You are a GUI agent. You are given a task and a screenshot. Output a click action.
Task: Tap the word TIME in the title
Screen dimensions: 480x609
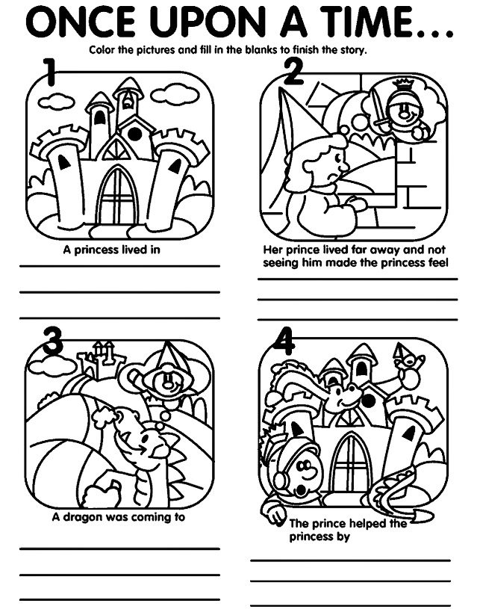click(368, 22)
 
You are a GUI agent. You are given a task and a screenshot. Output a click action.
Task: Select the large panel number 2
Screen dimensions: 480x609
click(293, 72)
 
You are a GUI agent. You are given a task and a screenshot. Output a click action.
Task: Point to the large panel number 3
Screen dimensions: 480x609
click(53, 341)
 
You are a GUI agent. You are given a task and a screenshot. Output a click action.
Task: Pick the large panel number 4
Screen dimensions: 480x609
click(284, 341)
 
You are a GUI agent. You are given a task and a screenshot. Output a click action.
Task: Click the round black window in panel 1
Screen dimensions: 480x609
click(134, 134)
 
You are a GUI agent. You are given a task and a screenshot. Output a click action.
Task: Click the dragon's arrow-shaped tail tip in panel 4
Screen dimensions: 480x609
click(421, 516)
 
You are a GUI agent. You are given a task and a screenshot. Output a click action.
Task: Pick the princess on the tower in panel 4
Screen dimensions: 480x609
click(408, 365)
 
